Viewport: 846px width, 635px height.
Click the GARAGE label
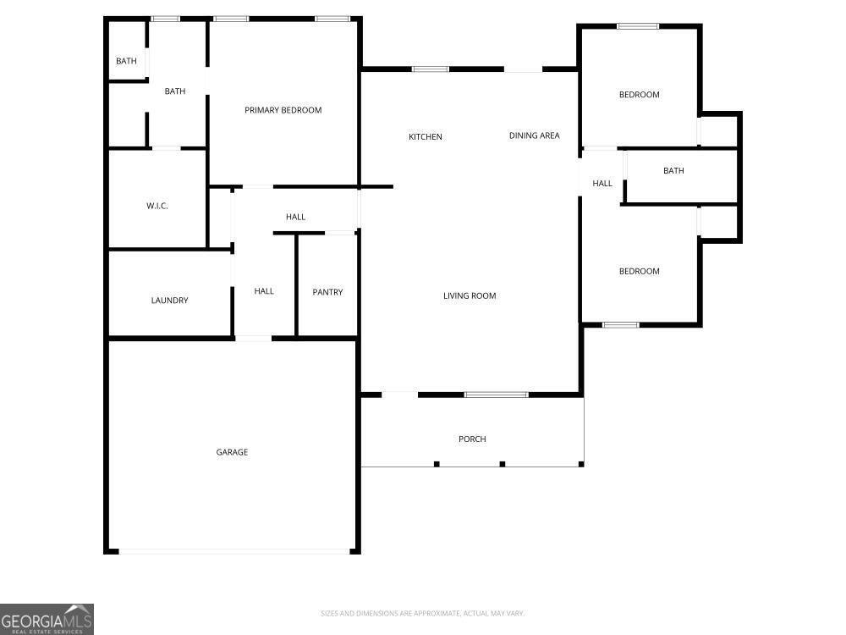(232, 452)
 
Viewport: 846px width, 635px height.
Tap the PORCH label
(472, 439)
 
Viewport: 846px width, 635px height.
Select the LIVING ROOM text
(470, 295)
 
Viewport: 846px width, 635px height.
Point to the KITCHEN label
(426, 137)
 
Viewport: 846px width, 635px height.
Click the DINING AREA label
(534, 135)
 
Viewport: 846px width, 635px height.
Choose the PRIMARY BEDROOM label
(283, 110)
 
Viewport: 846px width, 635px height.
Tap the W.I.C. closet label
(157, 206)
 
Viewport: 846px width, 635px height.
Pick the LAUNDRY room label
(169, 301)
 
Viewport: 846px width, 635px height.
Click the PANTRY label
(327, 292)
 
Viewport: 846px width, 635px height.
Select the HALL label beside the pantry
(264, 291)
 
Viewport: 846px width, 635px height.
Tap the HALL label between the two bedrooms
(602, 183)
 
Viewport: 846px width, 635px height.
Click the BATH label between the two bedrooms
(673, 171)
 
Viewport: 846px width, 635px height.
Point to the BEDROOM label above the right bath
(639, 95)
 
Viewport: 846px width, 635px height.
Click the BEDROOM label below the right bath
(639, 271)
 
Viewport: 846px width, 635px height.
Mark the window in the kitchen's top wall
(431, 69)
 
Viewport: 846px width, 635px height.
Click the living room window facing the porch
(496, 395)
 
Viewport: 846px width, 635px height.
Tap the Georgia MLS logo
(47, 619)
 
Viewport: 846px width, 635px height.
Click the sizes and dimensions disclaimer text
(422, 613)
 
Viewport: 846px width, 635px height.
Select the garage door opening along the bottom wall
(234, 551)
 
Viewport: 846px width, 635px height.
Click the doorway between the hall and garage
(253, 339)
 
